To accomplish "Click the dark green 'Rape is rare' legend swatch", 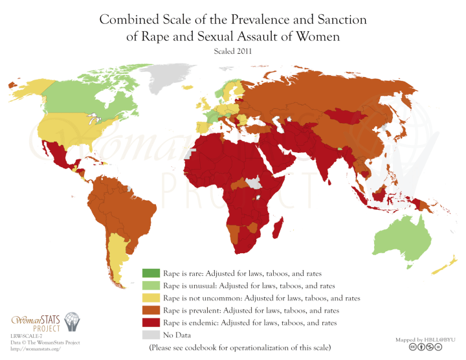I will point(151,273).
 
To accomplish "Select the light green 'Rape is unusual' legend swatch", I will point(151,286).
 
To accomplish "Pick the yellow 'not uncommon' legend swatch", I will point(151,298).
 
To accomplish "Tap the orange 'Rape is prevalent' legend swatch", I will point(151,310).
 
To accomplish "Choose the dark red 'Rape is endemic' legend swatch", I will point(151,322).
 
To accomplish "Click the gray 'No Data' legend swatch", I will point(151,335).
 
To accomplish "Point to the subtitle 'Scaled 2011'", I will point(232,52).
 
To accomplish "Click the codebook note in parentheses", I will point(240,348).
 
